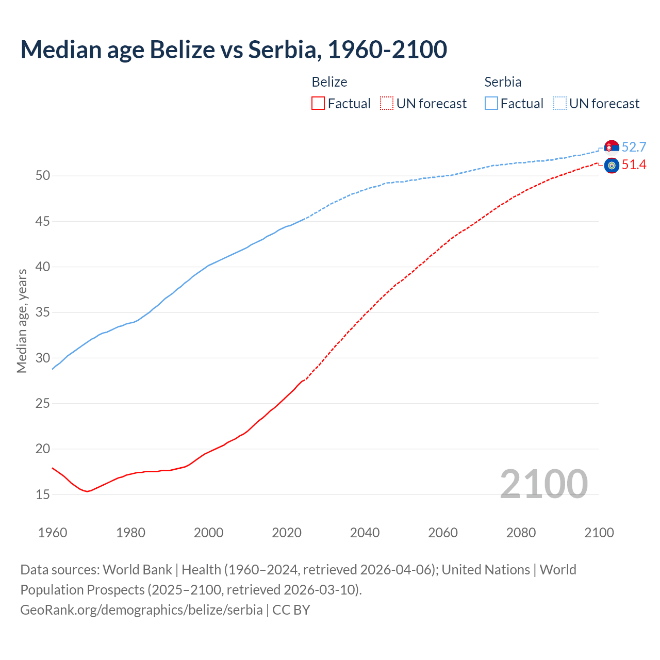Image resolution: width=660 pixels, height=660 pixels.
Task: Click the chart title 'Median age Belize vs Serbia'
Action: [x=233, y=49]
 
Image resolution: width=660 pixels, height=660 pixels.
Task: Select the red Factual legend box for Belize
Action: [x=318, y=104]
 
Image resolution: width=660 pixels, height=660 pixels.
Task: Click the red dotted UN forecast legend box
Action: [x=387, y=104]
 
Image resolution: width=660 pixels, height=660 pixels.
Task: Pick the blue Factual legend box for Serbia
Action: [x=491, y=104]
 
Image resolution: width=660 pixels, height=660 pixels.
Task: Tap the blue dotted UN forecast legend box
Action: [x=559, y=104]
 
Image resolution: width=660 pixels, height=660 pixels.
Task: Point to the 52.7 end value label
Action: [x=634, y=147]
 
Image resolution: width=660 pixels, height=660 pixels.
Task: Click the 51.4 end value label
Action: [x=634, y=165]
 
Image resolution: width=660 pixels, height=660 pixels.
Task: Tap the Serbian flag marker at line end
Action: [x=612, y=147]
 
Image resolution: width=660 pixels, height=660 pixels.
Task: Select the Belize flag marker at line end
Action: [x=612, y=166]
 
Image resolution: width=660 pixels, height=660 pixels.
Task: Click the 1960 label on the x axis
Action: [x=53, y=533]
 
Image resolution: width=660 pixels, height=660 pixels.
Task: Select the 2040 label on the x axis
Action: [x=365, y=533]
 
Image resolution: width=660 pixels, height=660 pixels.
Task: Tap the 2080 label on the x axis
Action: [x=521, y=533]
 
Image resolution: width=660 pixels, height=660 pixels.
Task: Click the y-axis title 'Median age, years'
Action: [x=22, y=321]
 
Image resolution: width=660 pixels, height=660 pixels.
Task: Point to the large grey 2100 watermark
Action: [x=543, y=484]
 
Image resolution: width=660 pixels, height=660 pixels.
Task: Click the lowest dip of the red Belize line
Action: [x=87, y=491]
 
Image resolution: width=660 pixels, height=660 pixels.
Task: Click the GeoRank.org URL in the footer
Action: [x=141, y=610]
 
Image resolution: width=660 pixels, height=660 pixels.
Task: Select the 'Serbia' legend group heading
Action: [x=503, y=82]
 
